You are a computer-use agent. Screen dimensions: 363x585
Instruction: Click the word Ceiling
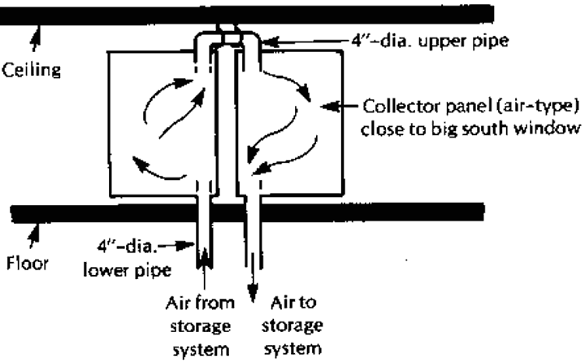tap(32, 70)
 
